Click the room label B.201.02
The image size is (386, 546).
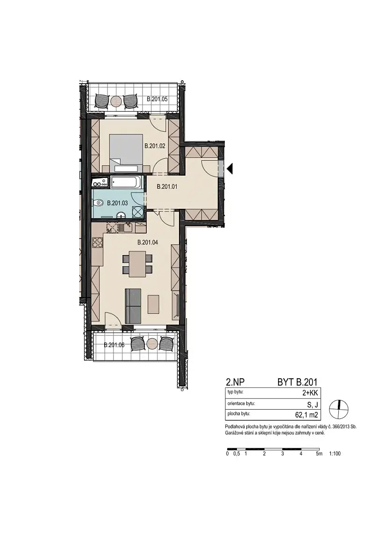point(155,146)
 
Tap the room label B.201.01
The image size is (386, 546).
point(167,187)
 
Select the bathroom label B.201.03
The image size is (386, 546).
point(117,203)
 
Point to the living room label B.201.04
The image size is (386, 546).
point(147,242)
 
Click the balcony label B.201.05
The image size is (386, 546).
point(157,99)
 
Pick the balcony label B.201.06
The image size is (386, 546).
point(114,345)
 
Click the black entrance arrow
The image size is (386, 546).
point(229,169)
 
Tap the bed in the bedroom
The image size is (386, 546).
point(126,153)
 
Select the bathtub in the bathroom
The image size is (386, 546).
point(126,181)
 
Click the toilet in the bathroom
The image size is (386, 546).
point(99,201)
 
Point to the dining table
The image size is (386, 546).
point(137,263)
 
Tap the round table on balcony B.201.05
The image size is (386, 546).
point(116,101)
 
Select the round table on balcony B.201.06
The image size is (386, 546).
point(152,344)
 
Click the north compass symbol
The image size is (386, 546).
point(339,409)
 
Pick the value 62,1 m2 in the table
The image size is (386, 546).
point(306,415)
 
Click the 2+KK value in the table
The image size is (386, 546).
point(310,393)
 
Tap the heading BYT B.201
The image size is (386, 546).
point(297,382)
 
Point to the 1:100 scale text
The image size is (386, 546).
point(335,454)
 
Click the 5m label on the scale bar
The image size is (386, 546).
point(319,454)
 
